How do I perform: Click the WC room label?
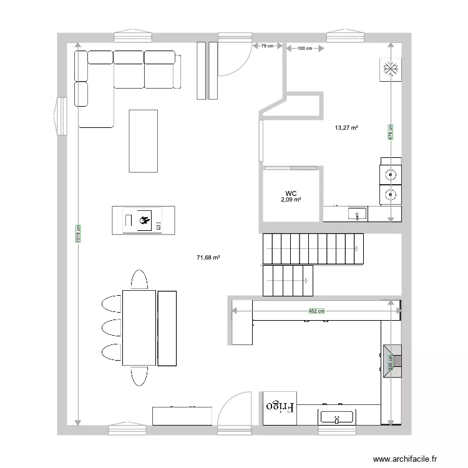coord(291,193)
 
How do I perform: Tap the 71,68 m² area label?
coord(208,257)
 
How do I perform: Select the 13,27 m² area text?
coord(346,128)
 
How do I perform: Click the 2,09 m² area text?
coord(291,200)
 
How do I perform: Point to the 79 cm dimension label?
coord(268,46)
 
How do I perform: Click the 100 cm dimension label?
coord(305,48)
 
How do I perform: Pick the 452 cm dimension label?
coord(316,311)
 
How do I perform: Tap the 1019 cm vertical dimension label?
coord(78,233)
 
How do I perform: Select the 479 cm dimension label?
coord(391,132)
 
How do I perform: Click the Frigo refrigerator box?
coord(280,408)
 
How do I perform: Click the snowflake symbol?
coord(391,69)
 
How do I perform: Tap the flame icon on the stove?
coord(145,220)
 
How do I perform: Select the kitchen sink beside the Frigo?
coord(337,417)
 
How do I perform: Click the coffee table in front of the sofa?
coord(144,141)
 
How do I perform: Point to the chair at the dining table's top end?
coord(139,280)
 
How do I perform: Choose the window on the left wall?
coord(60,116)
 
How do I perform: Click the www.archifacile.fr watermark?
coord(405,459)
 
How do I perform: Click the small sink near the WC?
coord(358,213)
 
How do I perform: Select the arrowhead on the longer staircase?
coord(356,248)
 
